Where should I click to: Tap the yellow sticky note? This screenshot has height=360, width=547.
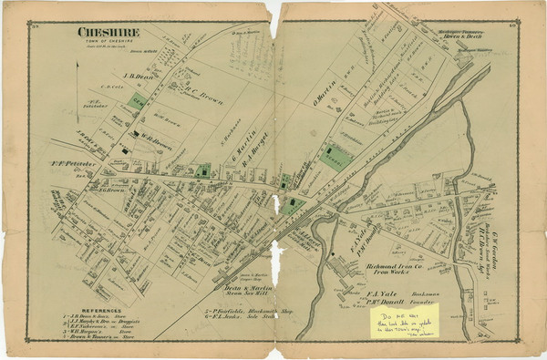pos(408,318)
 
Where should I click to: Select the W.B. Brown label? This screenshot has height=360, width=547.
pos(154,140)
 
